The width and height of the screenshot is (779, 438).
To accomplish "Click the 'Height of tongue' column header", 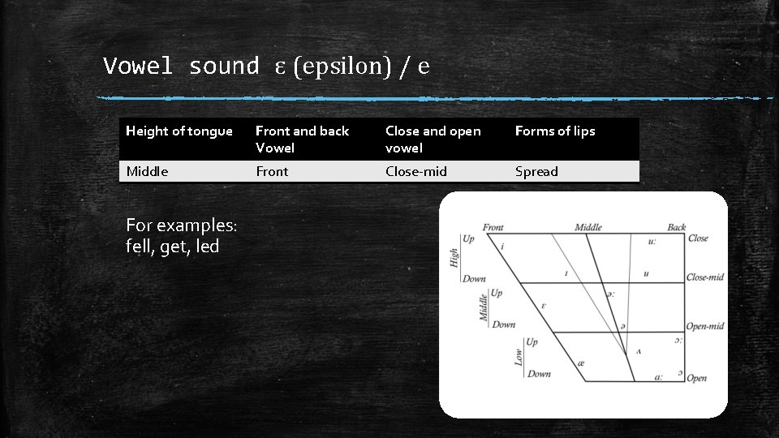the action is coord(179,131).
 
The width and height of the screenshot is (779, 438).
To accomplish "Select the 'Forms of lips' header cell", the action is coord(555,131).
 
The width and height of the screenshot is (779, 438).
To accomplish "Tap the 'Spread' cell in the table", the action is coord(536,172).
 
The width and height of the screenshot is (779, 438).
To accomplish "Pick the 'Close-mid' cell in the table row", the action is coord(416,172).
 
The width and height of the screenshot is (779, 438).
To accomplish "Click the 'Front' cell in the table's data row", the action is coord(272,172).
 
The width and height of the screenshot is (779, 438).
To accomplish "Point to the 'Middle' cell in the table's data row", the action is coord(147,172).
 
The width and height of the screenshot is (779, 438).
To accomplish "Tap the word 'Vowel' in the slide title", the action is coord(138,67).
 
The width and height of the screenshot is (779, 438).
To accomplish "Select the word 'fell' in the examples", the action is coord(140,247).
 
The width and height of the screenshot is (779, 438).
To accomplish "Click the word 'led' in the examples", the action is coord(206,247).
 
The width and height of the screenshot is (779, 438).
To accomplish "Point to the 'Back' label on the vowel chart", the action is coord(676,228).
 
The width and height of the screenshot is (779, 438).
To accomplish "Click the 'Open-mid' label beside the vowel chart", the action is coord(704,326).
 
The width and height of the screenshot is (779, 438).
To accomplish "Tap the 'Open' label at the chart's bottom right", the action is coord(696,378).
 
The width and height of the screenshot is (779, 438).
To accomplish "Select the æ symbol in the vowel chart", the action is coord(581,363).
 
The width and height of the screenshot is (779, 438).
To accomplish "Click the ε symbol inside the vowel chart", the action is coord(543,306).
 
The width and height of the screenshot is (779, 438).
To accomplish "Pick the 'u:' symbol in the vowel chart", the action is coord(653,242).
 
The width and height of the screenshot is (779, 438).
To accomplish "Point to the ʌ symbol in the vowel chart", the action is coord(639,351).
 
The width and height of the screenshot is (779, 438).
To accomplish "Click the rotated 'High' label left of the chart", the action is coord(454,259).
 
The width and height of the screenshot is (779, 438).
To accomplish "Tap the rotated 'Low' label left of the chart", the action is coord(519,357).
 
